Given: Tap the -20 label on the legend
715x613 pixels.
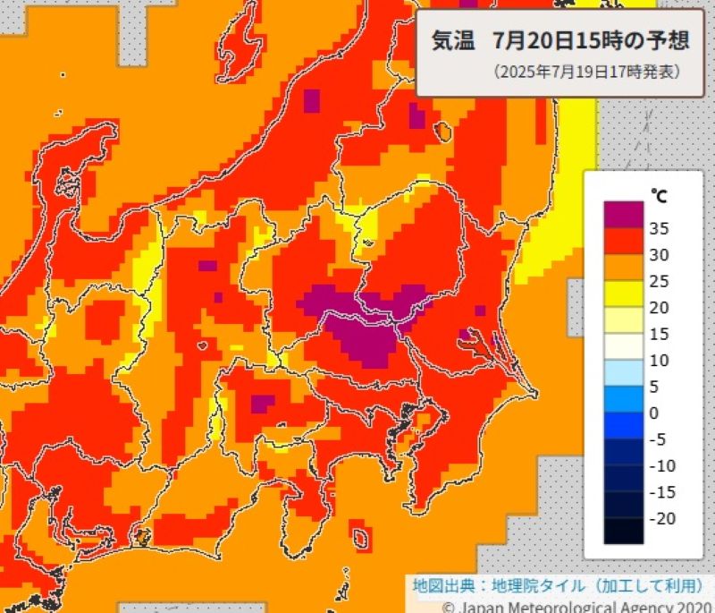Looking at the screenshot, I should pyautogui.click(x=661, y=518).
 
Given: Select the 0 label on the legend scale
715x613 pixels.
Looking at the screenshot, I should pyautogui.click(x=653, y=413).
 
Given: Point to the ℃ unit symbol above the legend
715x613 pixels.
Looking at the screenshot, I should pyautogui.click(x=657, y=194).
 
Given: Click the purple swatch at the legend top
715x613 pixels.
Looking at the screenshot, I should pyautogui.click(x=622, y=214).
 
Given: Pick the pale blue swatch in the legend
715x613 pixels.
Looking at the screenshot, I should pyautogui.click(x=622, y=371).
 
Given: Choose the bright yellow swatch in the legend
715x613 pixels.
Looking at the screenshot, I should pyautogui.click(x=622, y=293).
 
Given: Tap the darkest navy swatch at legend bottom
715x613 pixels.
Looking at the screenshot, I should pyautogui.click(x=622, y=530).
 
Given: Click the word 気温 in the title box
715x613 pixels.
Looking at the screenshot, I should pyautogui.click(x=453, y=41).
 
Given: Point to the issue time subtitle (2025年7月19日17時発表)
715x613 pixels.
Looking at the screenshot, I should pyautogui.click(x=585, y=72).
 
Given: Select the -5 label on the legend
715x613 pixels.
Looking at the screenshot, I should pyautogui.click(x=657, y=438).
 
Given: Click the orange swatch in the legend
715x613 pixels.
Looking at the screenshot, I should pyautogui.click(x=622, y=267).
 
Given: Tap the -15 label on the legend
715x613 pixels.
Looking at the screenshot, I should pyautogui.click(x=661, y=492).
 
